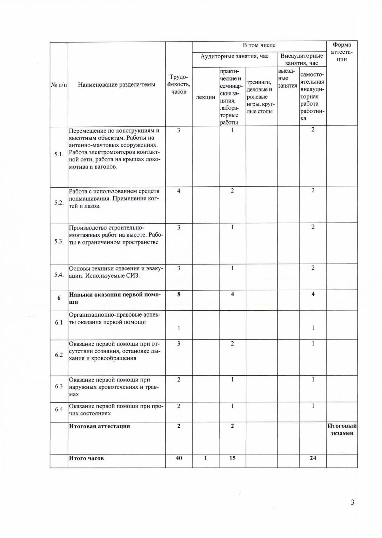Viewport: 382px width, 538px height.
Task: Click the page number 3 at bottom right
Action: point(352,502)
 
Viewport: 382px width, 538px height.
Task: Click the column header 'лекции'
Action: point(205,97)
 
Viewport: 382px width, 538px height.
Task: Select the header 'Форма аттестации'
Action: point(342,52)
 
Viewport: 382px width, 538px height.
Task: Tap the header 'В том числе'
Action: point(259,45)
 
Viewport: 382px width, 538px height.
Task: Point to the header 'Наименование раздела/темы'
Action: point(117,84)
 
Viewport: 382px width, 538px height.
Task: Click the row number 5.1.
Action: point(59,154)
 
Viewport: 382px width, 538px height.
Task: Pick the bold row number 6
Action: point(59,298)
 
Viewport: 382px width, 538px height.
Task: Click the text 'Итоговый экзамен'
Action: point(342,430)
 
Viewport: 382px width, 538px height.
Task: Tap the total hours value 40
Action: point(179,458)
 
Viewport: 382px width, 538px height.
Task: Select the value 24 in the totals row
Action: point(313,458)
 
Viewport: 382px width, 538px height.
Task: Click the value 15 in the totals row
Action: point(232,458)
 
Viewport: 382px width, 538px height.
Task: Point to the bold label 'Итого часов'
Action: point(86,458)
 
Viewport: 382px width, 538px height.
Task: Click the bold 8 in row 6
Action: point(179,294)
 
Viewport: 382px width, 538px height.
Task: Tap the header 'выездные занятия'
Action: point(288,78)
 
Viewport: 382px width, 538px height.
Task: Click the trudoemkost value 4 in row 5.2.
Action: point(179,191)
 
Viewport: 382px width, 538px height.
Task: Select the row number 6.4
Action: point(59,410)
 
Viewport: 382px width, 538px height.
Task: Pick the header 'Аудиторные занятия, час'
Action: point(234,56)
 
